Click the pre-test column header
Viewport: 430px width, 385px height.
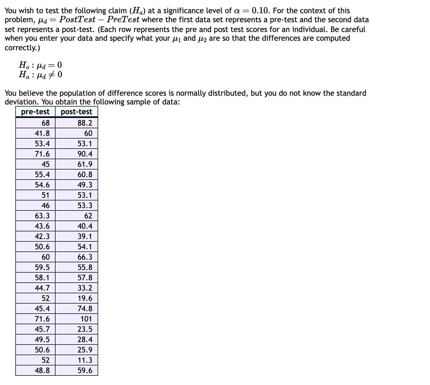[x=35, y=112]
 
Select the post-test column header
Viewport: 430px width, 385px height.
[x=76, y=112]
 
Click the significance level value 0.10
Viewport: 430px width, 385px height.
[x=261, y=11]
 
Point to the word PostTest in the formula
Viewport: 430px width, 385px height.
[x=77, y=20]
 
